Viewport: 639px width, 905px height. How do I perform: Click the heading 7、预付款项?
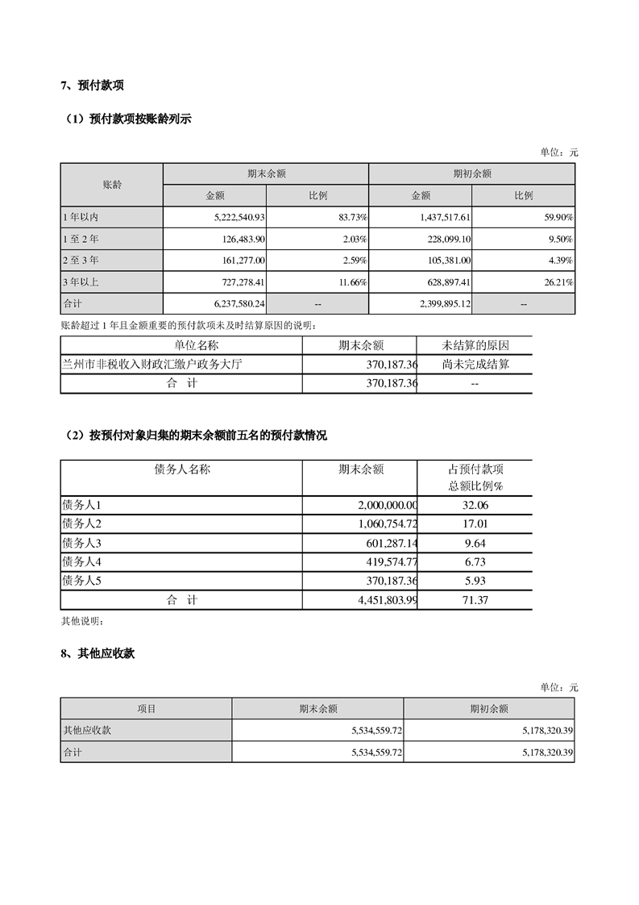click(x=92, y=85)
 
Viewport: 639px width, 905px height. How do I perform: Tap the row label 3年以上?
click(x=81, y=282)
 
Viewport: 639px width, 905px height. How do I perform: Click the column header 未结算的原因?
click(x=474, y=345)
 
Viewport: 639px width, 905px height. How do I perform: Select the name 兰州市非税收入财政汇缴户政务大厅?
click(x=153, y=365)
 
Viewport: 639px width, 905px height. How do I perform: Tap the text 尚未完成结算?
click(x=474, y=365)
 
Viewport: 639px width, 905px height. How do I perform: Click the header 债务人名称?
click(x=181, y=469)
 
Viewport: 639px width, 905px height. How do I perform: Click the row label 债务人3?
click(x=81, y=543)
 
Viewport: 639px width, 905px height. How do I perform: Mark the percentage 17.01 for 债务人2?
click(x=474, y=524)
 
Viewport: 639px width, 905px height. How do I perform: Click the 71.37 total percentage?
click(x=474, y=600)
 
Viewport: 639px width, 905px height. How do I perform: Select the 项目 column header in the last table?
click(x=146, y=709)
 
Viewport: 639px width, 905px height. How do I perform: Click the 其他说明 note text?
click(x=82, y=622)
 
